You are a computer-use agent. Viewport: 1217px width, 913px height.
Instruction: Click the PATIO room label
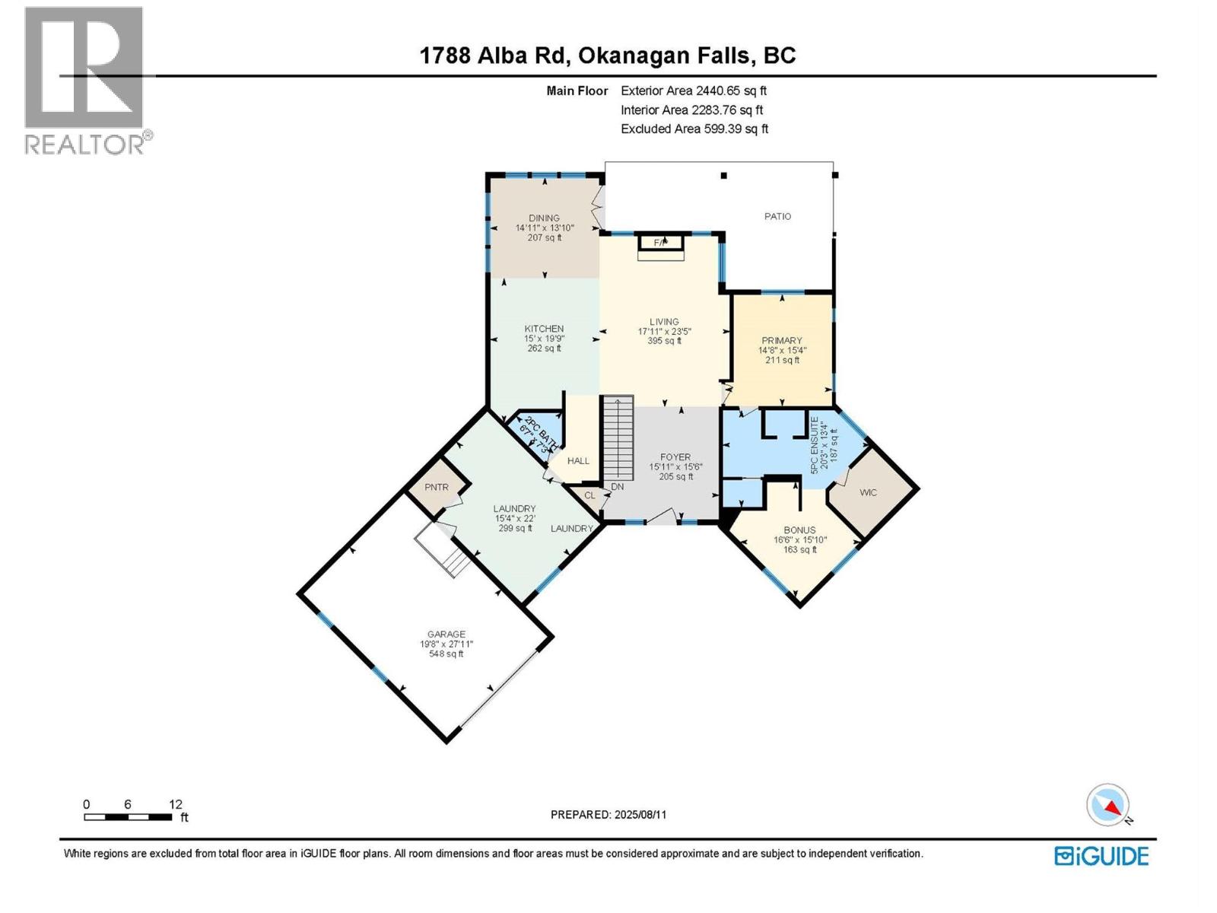[777, 216]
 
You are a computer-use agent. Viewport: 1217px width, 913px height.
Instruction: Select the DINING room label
[544, 218]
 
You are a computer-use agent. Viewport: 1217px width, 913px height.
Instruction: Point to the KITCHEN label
[544, 329]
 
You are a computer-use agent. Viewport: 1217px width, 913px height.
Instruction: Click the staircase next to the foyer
[618, 438]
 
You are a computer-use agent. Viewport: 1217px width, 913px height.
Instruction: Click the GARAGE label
[446, 634]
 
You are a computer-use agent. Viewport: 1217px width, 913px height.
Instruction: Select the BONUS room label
[799, 530]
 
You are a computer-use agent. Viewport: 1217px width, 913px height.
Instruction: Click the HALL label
[578, 460]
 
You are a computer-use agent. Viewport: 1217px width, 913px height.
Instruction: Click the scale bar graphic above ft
[128, 817]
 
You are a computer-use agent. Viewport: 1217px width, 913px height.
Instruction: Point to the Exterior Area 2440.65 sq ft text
[694, 91]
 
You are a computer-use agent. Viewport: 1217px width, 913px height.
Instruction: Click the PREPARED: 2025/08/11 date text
[608, 814]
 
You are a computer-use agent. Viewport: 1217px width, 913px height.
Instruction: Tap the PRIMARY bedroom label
[782, 340]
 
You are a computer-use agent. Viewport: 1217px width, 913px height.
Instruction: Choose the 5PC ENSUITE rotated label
[814, 445]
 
